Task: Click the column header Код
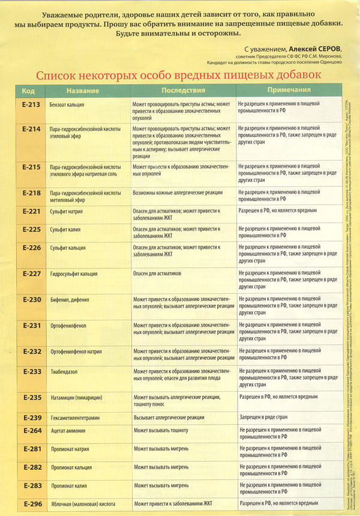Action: [x=28, y=91]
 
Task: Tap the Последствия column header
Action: [x=183, y=91]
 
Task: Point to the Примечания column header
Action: [x=289, y=91]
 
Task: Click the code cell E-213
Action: [x=31, y=104]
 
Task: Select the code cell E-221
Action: [x=31, y=211]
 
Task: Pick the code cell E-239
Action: [x=31, y=417]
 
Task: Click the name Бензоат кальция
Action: [x=67, y=105]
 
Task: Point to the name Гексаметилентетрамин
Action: [x=80, y=417]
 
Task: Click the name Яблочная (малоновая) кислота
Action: [x=82, y=503]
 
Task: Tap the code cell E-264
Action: [x=31, y=430]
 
